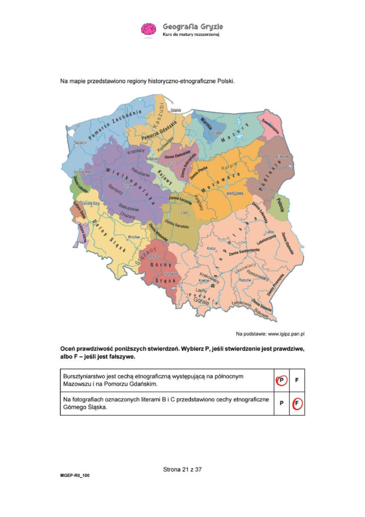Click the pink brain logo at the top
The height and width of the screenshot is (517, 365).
[x=149, y=29]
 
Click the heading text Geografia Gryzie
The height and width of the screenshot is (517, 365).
[x=192, y=26]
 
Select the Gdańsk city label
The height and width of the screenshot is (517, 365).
[x=176, y=110]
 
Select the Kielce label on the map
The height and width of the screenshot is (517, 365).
[x=211, y=249]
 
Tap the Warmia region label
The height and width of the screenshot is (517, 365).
[x=207, y=121]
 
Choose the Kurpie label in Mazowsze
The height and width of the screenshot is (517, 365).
[x=228, y=165]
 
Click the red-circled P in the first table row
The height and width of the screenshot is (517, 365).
[x=281, y=380]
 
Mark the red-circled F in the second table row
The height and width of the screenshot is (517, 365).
[x=297, y=403]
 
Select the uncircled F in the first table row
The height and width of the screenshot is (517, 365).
[x=297, y=380]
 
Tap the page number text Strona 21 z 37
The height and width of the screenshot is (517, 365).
[x=182, y=470]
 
